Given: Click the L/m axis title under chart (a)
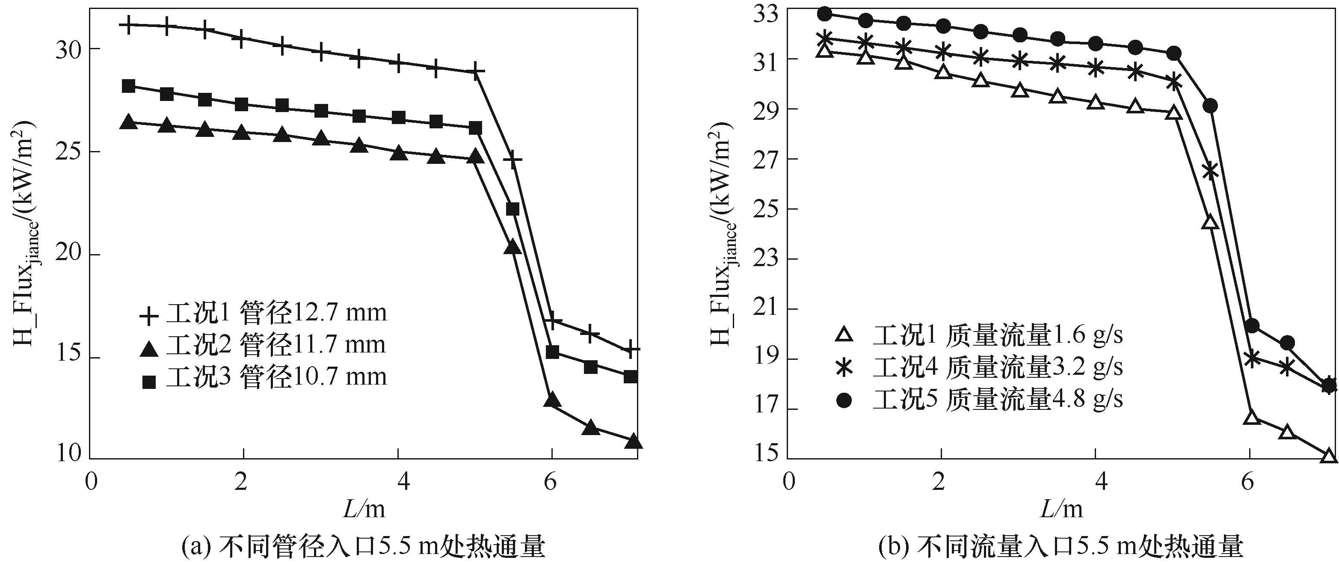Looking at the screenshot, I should (364, 508).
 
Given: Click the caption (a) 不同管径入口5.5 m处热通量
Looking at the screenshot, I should (364, 546).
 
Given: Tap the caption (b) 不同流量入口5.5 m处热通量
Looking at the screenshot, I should (1061, 546).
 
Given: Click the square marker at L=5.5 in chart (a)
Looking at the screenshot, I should (512, 209).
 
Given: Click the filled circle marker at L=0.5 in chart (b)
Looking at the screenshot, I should (824, 14).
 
